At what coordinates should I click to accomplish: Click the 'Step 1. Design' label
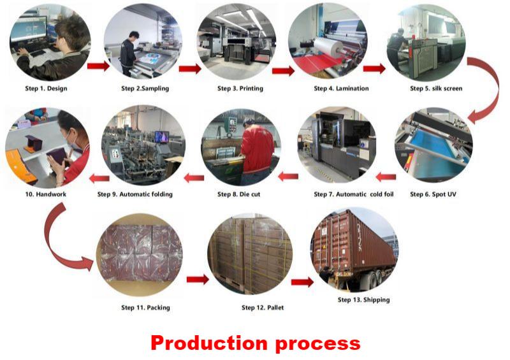pyautogui.click(x=46, y=89)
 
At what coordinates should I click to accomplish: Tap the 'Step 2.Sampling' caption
pyautogui.click(x=145, y=89)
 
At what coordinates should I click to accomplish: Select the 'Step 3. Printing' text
pyautogui.click(x=240, y=89)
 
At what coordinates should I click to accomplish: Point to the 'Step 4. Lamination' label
pyautogui.click(x=341, y=89)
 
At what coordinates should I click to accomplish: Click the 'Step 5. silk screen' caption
pyautogui.click(x=436, y=89)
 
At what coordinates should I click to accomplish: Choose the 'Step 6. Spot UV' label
pyautogui.click(x=433, y=194)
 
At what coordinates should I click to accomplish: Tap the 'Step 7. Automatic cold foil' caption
pyautogui.click(x=354, y=194)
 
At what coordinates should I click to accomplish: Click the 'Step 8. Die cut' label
pyautogui.click(x=238, y=194)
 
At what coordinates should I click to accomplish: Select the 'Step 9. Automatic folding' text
pyautogui.click(x=135, y=194)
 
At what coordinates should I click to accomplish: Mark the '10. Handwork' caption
pyautogui.click(x=46, y=194)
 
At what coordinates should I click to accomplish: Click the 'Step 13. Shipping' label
pyautogui.click(x=363, y=300)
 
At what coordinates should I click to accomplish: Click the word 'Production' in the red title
pyautogui.click(x=209, y=343)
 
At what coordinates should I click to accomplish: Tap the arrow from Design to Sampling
pyautogui.click(x=99, y=66)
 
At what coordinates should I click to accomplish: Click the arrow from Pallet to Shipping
pyautogui.click(x=302, y=282)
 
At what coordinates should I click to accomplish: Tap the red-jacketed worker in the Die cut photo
pyautogui.click(x=256, y=149)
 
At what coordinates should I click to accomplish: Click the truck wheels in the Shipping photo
pyautogui.click(x=375, y=280)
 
